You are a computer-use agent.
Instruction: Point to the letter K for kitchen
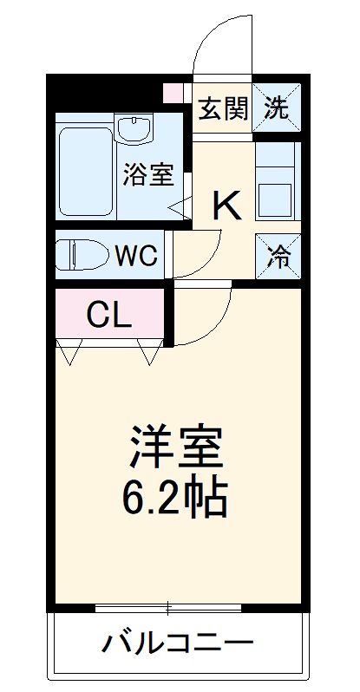[x=227, y=206]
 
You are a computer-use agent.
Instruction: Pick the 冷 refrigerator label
[x=278, y=258]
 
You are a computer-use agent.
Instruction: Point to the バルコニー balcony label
[x=179, y=644]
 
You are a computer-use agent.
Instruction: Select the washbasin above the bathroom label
[x=134, y=131]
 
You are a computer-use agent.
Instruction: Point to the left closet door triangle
[x=69, y=350]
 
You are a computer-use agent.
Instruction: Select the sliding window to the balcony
[x=180, y=607]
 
